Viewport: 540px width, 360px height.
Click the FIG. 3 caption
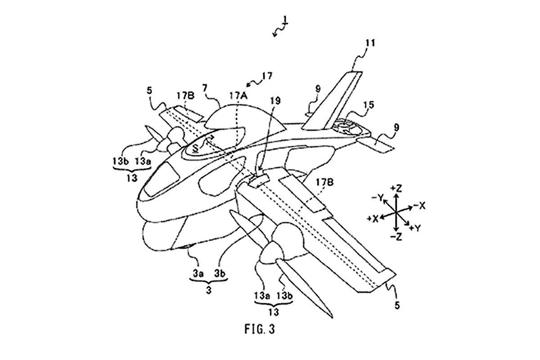[x=260, y=329]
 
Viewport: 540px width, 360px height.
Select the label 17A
[x=238, y=96]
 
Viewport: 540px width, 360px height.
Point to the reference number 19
[x=275, y=100]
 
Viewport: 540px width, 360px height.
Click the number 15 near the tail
[x=368, y=105]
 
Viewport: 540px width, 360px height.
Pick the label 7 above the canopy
[x=205, y=88]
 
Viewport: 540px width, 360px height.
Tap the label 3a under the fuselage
[x=198, y=274]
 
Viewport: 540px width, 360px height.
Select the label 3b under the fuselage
[x=220, y=274]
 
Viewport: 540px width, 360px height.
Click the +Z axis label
[x=396, y=188]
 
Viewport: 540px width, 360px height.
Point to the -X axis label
[x=420, y=206]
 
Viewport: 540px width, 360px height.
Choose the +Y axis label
[x=415, y=227]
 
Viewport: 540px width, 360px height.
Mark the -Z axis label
[x=396, y=237]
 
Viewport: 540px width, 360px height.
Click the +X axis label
[x=373, y=219]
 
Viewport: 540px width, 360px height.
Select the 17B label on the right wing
[x=324, y=183]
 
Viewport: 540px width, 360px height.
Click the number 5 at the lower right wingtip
[x=397, y=305]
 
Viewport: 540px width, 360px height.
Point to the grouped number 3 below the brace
[x=209, y=290]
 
